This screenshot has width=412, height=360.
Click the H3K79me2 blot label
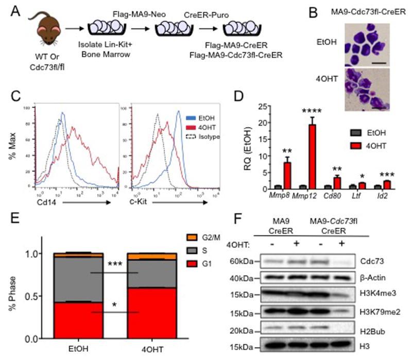coord(374,313)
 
